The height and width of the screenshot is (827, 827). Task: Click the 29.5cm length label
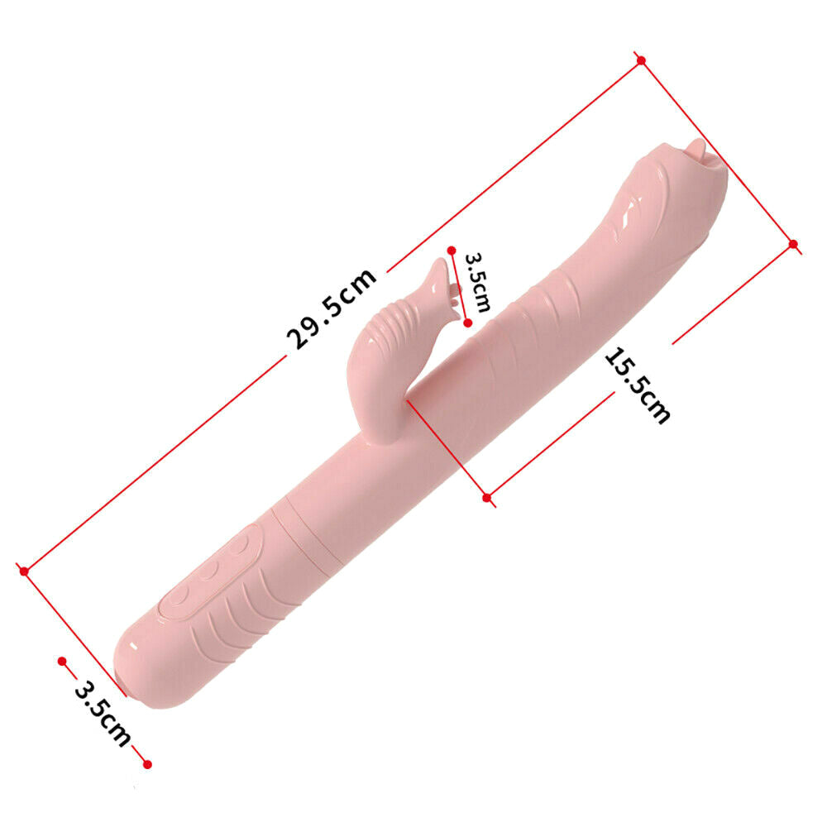click(x=332, y=308)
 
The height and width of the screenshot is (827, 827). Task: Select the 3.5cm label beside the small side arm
click(x=478, y=282)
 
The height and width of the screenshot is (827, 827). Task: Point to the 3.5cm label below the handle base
click(x=103, y=714)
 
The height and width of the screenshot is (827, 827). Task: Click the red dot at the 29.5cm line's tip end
click(x=641, y=60)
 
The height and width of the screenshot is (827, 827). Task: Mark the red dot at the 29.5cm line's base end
click(x=24, y=571)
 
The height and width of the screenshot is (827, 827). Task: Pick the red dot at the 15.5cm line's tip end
click(x=793, y=244)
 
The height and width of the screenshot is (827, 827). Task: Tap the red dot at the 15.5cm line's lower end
click(x=487, y=497)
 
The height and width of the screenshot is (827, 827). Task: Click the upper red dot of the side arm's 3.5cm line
click(x=452, y=250)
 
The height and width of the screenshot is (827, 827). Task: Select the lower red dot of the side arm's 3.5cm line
click(x=468, y=323)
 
